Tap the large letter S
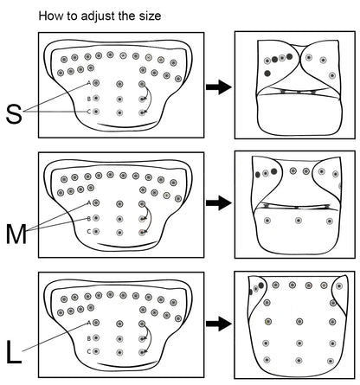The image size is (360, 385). click(14, 114)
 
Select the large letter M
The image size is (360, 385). click(16, 234)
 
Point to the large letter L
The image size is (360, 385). click(14, 352)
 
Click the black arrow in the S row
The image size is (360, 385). click(219, 87)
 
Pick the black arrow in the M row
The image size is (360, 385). click(219, 202)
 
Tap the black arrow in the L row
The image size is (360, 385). click(219, 324)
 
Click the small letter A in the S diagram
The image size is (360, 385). click(89, 83)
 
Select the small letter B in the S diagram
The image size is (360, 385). click(89, 99)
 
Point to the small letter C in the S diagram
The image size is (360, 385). click(89, 112)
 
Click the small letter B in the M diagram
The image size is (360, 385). click(89, 219)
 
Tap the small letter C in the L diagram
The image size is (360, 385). click(89, 351)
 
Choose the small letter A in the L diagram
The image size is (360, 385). click(89, 323)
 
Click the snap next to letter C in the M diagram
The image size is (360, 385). click(96, 231)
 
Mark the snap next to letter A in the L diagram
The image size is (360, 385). click(96, 323)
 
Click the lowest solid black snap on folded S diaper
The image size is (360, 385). click(267, 74)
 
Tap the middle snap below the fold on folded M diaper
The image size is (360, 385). click(299, 221)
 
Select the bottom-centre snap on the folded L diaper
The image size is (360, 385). click(299, 361)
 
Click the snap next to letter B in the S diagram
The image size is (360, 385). click(96, 99)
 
